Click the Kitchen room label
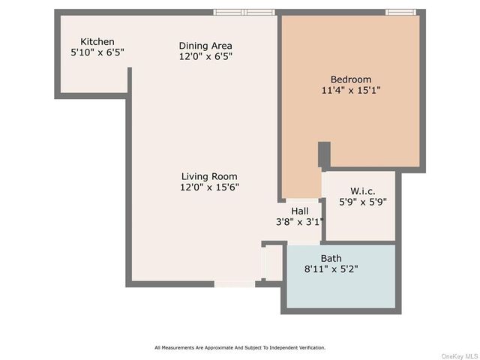click(97, 42)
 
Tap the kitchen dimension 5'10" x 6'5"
click(97, 52)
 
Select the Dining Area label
click(205, 46)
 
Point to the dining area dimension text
click(205, 56)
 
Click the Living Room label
click(209, 176)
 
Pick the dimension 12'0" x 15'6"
click(209, 187)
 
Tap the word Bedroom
click(351, 79)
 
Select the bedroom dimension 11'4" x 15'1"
click(351, 90)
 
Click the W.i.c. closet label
click(363, 191)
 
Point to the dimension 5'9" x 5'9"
click(363, 202)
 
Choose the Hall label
click(300, 211)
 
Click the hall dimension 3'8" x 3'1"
click(300, 222)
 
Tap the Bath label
click(331, 258)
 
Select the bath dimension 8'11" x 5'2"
click(331, 269)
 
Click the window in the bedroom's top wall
click(400, 12)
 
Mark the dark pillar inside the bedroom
click(324, 154)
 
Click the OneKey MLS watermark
click(460, 356)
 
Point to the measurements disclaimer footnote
click(240, 348)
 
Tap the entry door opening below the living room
click(235, 284)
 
